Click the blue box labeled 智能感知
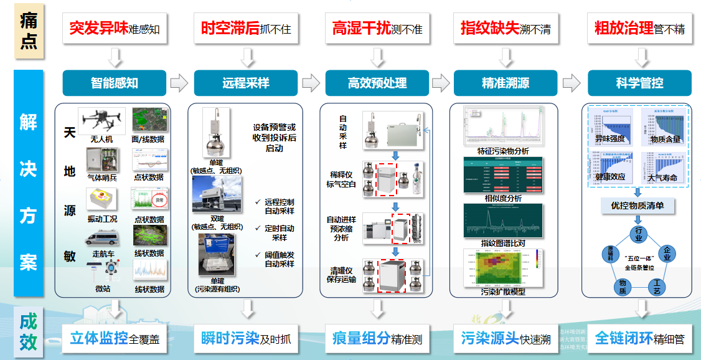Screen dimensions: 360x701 (115, 83)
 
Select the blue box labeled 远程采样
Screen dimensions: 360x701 (246, 83)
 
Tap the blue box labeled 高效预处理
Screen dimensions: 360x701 (377, 83)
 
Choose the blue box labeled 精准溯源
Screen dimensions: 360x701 (506, 83)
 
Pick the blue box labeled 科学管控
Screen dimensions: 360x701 (639, 83)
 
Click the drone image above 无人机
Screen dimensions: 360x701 (101, 120)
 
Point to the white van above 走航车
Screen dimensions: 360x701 (101, 237)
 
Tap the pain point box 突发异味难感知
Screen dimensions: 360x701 (115, 29)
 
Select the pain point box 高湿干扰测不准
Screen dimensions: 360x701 (377, 29)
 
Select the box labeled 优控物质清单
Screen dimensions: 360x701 (637, 205)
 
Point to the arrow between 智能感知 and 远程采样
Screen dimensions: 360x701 (179, 83)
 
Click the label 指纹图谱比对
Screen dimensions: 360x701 (502, 242)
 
